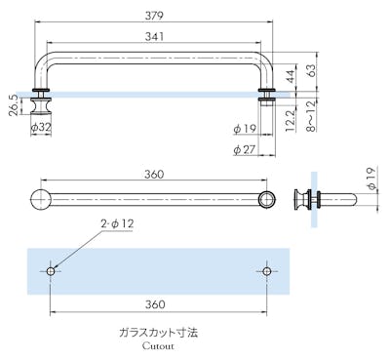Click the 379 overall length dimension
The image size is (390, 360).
(154, 16)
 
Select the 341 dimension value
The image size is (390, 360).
(154, 36)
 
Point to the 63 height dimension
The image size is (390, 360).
(311, 71)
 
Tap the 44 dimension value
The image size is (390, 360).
(291, 76)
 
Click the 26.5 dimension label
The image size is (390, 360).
(14, 105)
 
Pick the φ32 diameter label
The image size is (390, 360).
(41, 127)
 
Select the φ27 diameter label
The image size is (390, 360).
(245, 149)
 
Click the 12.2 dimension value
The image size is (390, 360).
(290, 121)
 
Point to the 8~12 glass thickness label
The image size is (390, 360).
(311, 116)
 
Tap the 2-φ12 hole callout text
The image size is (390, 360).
(117, 223)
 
